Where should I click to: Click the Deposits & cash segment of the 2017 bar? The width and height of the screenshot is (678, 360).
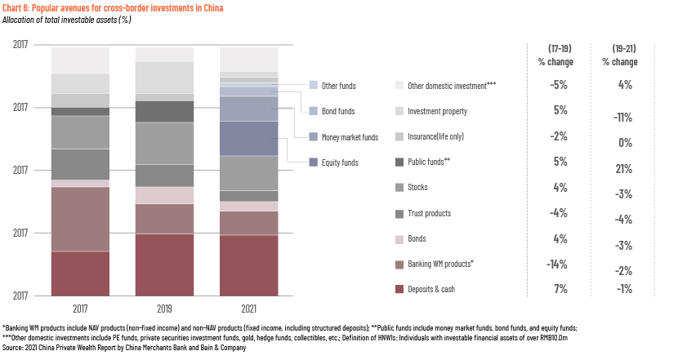point(80,273)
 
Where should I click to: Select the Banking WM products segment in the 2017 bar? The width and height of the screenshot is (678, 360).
point(80,219)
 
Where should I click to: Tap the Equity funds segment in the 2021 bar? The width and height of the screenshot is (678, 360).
point(249,138)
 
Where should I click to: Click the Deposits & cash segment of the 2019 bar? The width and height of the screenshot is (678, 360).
point(165,265)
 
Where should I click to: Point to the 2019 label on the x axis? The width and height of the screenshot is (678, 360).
point(165,309)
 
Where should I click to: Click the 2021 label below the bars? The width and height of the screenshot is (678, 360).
point(249,309)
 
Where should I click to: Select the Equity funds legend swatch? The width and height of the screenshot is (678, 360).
point(314,162)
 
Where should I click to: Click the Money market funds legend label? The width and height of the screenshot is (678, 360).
point(350,137)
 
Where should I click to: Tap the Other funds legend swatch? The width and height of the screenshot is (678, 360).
point(314,85)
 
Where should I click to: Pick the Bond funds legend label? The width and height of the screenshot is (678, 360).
point(338,111)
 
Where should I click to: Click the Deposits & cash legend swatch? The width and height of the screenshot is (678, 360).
point(399,289)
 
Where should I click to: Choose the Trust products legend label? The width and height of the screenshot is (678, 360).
point(430,213)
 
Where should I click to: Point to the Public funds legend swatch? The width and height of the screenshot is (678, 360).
point(399,162)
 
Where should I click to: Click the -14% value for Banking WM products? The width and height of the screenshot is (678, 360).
point(557,264)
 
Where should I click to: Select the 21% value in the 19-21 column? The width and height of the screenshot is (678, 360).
point(624,168)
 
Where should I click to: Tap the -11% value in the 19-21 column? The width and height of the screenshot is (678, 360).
point(623,117)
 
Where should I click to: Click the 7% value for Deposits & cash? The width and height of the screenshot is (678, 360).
point(561,289)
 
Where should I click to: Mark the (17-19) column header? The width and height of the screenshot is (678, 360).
point(560,48)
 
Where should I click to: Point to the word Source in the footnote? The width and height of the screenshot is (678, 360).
point(12,348)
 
